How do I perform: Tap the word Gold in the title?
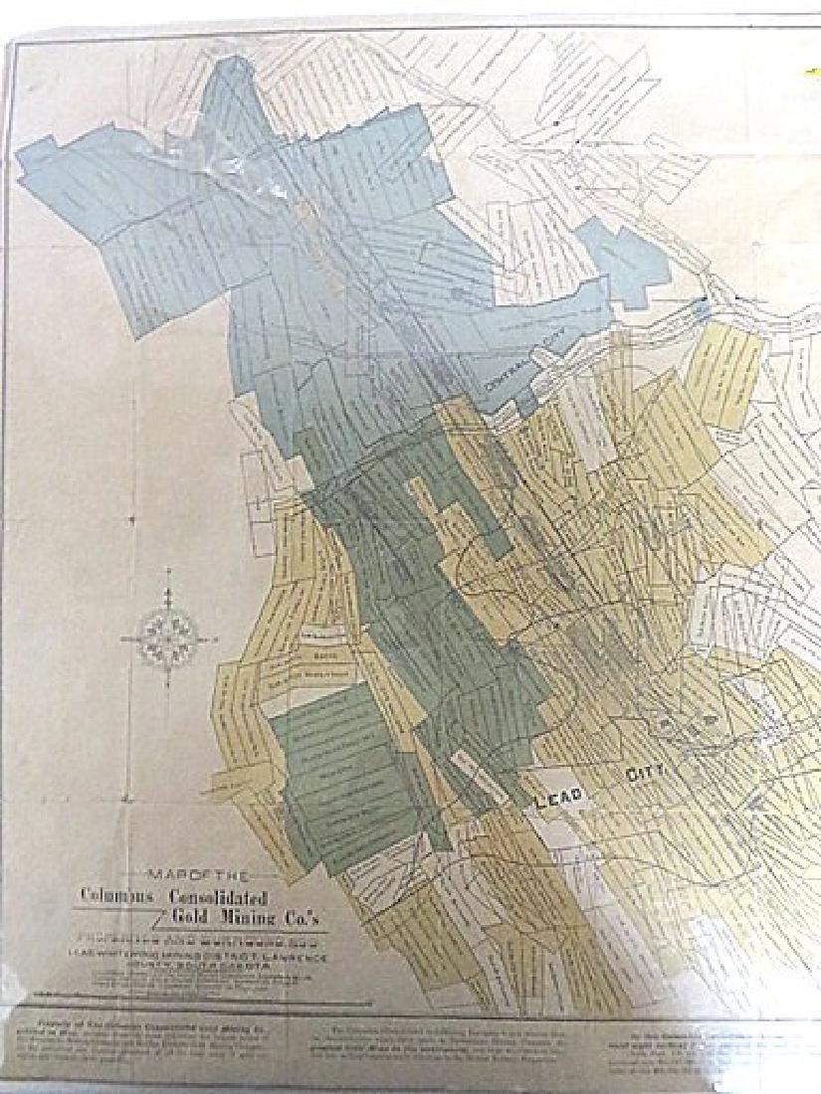pos(185,911)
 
